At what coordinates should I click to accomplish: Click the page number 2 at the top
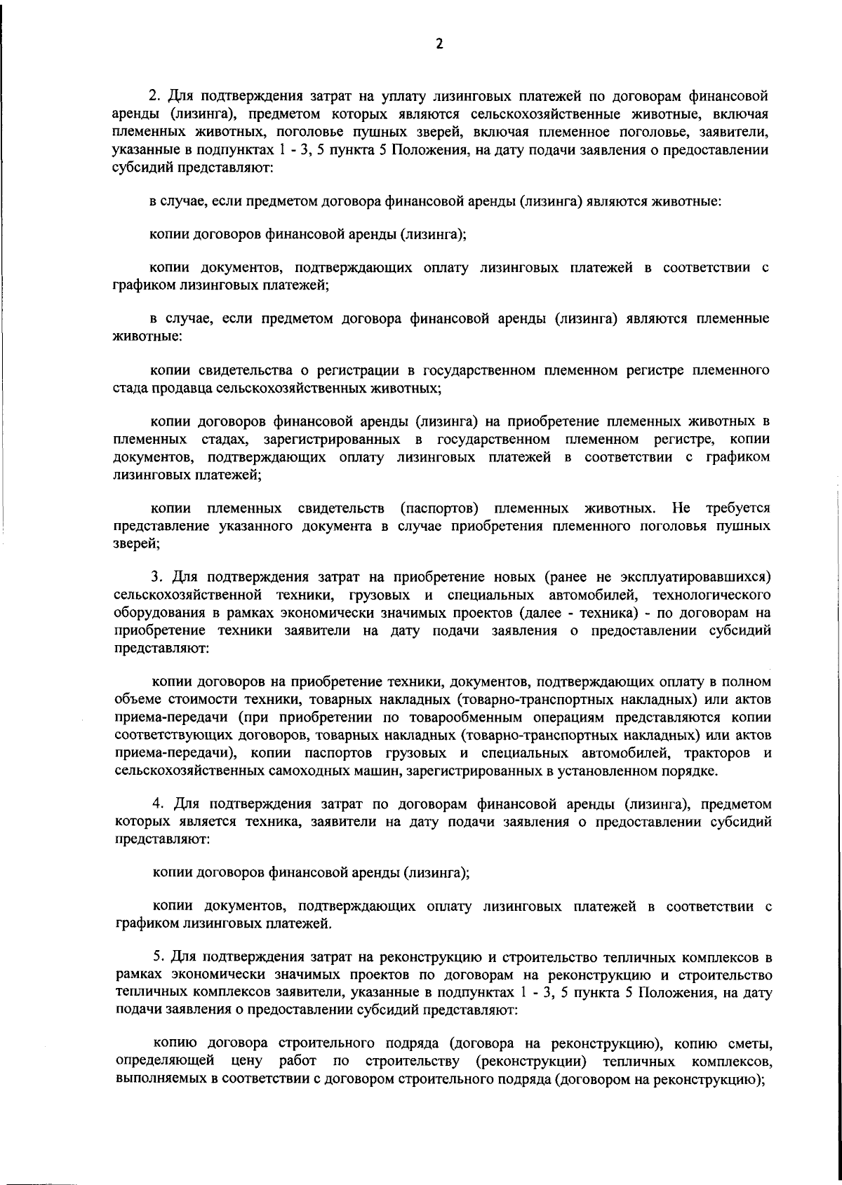point(439,44)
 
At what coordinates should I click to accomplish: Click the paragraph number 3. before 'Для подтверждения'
point(157,577)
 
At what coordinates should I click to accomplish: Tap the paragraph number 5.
point(158,957)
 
